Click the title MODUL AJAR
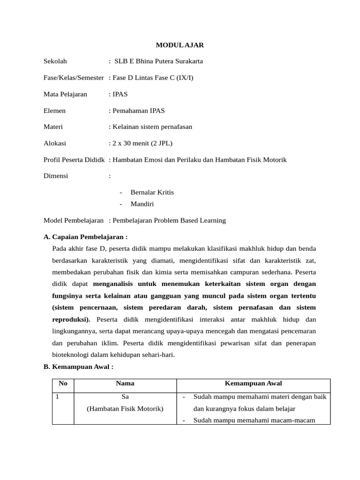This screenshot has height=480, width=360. pyautogui.click(x=180, y=45)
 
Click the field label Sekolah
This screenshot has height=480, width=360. pyautogui.click(x=55, y=61)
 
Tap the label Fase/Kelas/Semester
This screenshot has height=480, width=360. pyautogui.click(x=74, y=78)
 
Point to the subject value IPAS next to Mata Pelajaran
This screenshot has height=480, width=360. pyautogui.click(x=120, y=94)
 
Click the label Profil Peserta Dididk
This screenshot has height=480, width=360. pyautogui.click(x=74, y=160)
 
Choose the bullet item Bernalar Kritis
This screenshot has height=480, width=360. pyautogui.click(x=152, y=192)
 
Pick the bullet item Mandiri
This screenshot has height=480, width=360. pyautogui.click(x=142, y=204)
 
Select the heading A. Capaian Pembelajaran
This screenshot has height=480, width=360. pyautogui.click(x=86, y=237)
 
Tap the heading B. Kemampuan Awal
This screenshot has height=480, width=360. pyautogui.click(x=79, y=367)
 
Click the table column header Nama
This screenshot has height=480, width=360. pyautogui.click(x=125, y=383)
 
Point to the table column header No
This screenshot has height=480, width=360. pyautogui.click(x=63, y=383)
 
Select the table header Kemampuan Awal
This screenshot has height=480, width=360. pyautogui.click(x=253, y=383)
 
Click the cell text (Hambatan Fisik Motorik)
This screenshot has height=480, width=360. pyautogui.click(x=125, y=409)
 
